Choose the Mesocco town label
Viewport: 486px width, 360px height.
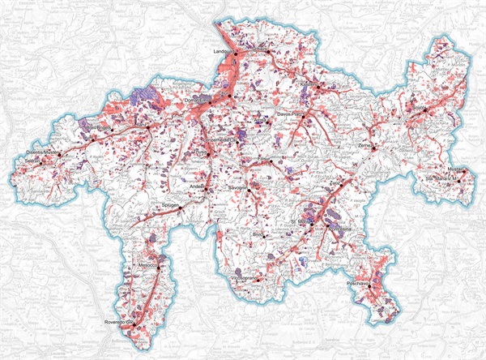tap(147, 265)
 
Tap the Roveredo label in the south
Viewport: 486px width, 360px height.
tap(118, 324)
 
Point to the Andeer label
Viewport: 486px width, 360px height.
tap(197, 186)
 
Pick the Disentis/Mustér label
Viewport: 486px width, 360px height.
tap(43, 152)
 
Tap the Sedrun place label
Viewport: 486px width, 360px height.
tap(32, 160)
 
